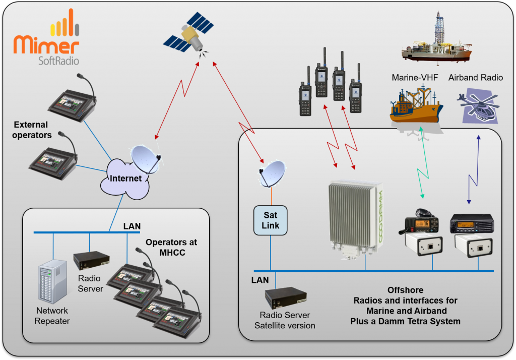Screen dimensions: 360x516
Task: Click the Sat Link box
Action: [x=271, y=220]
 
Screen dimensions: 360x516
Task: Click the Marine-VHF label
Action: [x=415, y=78]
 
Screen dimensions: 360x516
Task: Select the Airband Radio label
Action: [x=475, y=78]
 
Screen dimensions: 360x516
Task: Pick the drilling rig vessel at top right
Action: [x=436, y=43]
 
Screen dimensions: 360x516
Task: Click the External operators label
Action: [x=31, y=130]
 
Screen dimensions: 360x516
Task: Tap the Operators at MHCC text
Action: [x=171, y=247]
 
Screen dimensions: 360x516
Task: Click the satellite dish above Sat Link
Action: [x=272, y=172]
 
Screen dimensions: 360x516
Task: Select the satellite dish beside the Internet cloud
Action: [x=146, y=159]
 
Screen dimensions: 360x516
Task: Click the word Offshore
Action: [x=405, y=290]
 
